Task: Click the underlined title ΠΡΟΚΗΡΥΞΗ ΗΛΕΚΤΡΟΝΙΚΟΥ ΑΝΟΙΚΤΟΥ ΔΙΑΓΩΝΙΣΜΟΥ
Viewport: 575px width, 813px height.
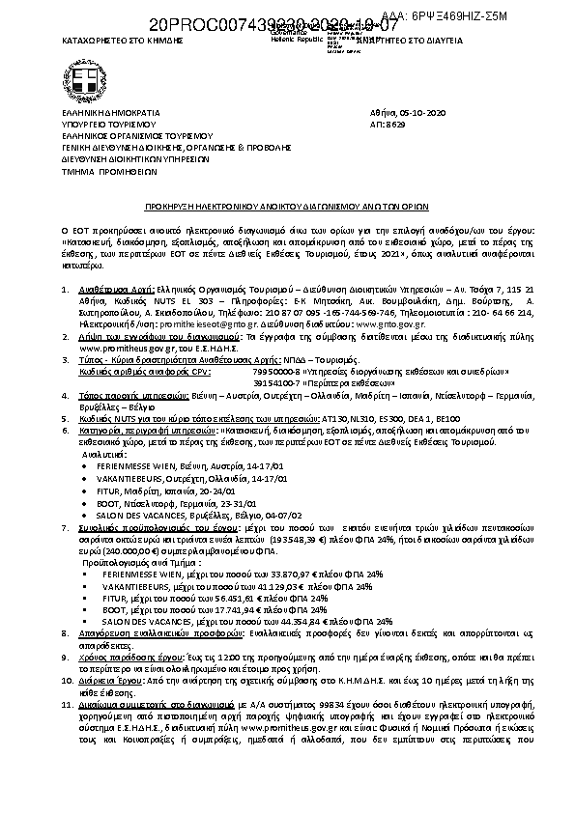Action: (x=287, y=207)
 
